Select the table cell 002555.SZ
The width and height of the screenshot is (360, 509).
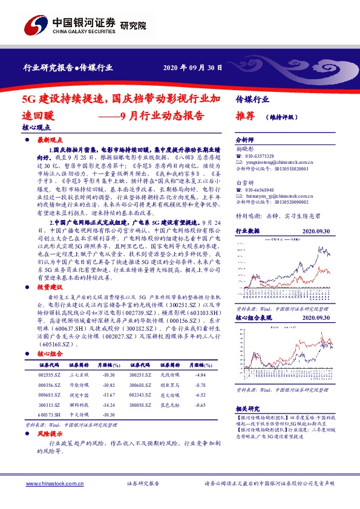48,375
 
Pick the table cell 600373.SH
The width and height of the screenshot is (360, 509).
49,413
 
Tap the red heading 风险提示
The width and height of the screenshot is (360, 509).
50,434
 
